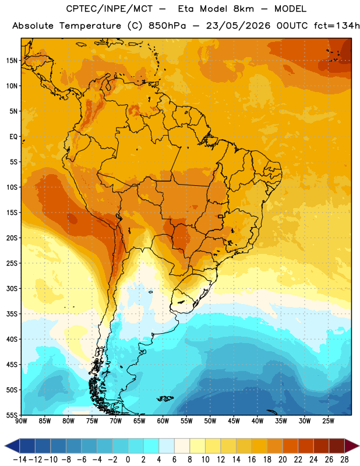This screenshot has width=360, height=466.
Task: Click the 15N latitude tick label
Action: (x=12, y=61)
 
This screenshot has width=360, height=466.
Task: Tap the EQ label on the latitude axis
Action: (x=13, y=137)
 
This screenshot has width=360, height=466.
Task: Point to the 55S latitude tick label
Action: (x=12, y=415)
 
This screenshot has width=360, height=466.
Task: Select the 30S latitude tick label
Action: (x=12, y=288)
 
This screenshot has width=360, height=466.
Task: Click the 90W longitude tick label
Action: (x=21, y=421)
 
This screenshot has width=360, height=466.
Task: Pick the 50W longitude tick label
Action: (x=210, y=421)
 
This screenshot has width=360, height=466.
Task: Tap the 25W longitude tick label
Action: (x=328, y=421)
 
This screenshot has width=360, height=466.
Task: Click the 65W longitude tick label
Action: (x=139, y=421)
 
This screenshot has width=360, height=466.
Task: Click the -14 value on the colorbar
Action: (x=20, y=460)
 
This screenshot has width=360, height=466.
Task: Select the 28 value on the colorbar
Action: (x=344, y=460)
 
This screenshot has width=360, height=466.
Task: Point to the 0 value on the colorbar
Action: (x=128, y=460)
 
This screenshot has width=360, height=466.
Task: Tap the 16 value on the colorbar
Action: (x=252, y=460)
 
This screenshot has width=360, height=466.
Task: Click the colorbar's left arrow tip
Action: (x=5, y=446)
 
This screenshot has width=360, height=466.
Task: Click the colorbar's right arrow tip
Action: (x=359, y=446)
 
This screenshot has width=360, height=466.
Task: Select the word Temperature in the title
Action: (x=90, y=26)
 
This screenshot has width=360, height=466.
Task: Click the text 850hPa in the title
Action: (x=167, y=26)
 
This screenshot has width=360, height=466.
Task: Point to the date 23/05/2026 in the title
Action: (x=238, y=26)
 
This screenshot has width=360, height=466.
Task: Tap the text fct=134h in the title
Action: (x=337, y=26)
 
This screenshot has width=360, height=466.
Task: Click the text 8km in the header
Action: (x=243, y=9)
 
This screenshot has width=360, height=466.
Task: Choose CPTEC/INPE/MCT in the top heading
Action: (x=110, y=9)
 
